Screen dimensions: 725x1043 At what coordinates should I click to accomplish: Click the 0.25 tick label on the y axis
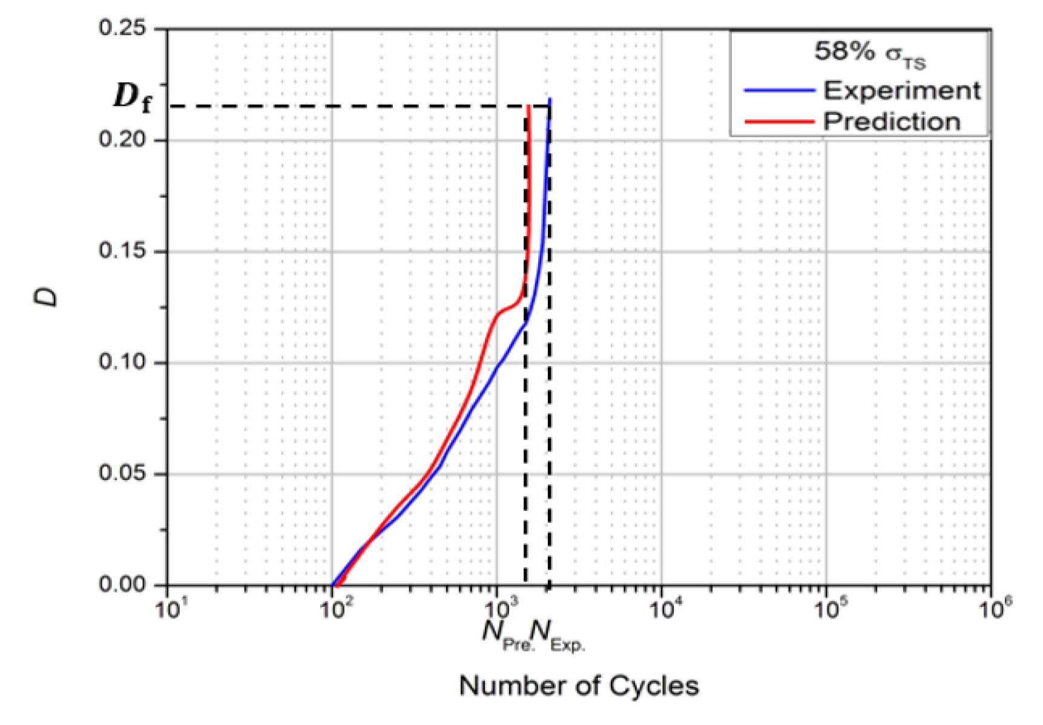pyautogui.click(x=122, y=28)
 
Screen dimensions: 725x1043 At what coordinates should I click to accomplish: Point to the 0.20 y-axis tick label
pyautogui.click(x=122, y=139)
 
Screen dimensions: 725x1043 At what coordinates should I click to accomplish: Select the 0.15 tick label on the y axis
pyautogui.click(x=122, y=251)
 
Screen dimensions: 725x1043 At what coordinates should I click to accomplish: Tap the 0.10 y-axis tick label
pyautogui.click(x=122, y=362)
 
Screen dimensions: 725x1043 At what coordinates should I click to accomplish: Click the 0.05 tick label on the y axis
pyautogui.click(x=122, y=473)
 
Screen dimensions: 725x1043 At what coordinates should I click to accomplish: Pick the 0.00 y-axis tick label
pyautogui.click(x=122, y=584)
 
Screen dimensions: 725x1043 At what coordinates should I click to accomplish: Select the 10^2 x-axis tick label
pyautogui.click(x=334, y=609)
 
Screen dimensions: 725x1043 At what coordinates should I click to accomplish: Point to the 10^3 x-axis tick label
pyautogui.click(x=498, y=609)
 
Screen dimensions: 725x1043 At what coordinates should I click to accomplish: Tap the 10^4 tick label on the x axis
pyautogui.click(x=663, y=609)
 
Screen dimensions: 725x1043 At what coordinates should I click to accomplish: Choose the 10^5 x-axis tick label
pyautogui.click(x=828, y=609)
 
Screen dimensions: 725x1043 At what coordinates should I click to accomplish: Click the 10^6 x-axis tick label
pyautogui.click(x=993, y=609)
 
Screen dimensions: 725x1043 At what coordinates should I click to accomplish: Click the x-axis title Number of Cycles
pyautogui.click(x=579, y=686)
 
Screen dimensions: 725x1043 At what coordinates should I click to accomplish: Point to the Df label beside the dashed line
pyautogui.click(x=132, y=97)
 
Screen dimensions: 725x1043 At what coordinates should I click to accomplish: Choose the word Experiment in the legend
pyautogui.click(x=901, y=91)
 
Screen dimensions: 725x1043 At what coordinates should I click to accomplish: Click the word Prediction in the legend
pyautogui.click(x=892, y=122)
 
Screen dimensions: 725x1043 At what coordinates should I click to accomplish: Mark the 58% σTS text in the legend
pyautogui.click(x=869, y=53)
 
